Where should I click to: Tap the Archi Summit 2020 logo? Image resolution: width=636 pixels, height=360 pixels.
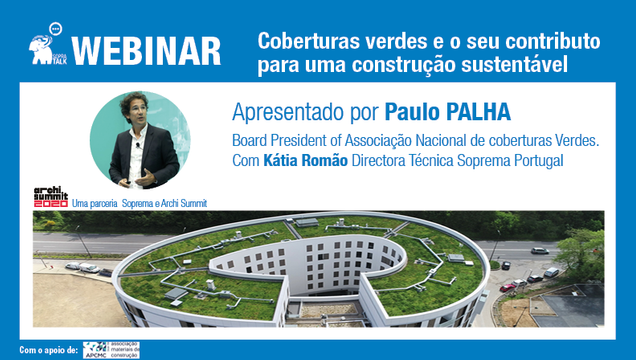(51, 196)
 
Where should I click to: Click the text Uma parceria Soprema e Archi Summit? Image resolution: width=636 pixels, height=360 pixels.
(140, 204)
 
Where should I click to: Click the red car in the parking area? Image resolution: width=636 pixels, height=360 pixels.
(508, 286)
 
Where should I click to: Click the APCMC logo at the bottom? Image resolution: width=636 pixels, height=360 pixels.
(112, 349)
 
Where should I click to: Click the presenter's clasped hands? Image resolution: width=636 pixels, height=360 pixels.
(148, 172)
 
